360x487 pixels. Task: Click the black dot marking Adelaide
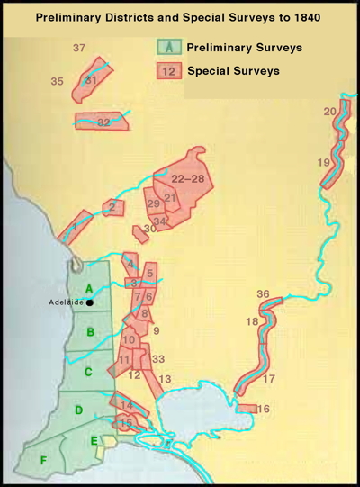click(91, 302)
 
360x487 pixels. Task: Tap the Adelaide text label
click(67, 302)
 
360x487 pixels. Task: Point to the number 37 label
click(78, 48)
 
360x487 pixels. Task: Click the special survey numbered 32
click(103, 122)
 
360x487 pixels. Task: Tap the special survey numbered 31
click(91, 80)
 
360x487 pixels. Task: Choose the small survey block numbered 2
click(111, 207)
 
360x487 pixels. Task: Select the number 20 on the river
click(329, 111)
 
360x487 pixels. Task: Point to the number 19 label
click(323, 162)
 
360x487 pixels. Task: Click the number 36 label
click(263, 294)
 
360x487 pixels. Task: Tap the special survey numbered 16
click(262, 409)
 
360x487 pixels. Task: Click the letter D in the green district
click(78, 410)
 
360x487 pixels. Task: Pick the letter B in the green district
click(90, 331)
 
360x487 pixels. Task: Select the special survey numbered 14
click(127, 406)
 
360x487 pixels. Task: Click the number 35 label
click(57, 82)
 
